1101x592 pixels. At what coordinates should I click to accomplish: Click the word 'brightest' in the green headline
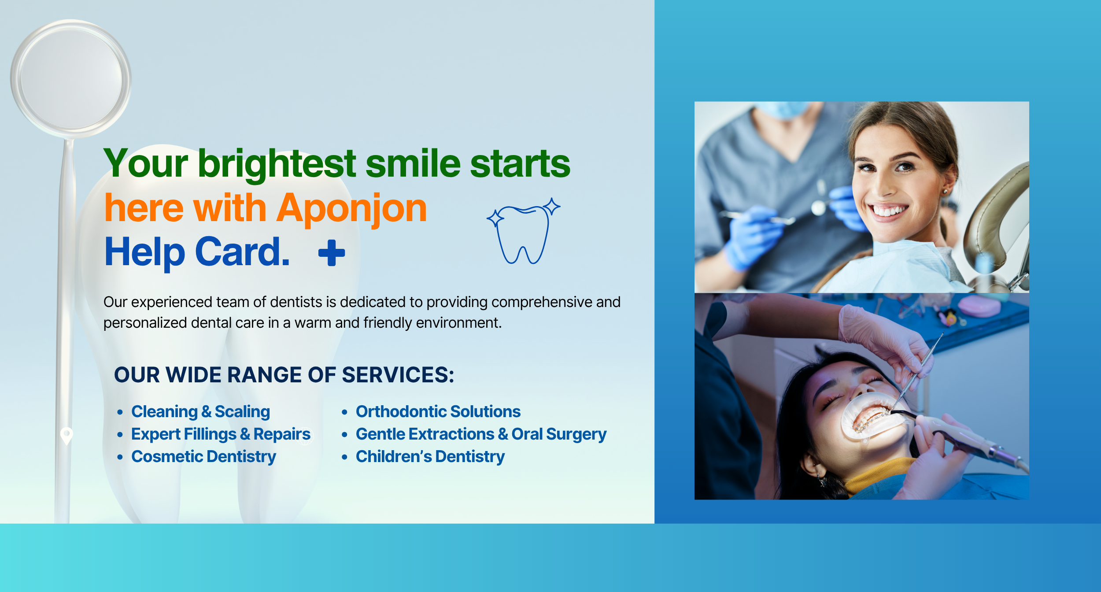(277, 164)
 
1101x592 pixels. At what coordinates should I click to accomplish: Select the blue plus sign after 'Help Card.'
(332, 253)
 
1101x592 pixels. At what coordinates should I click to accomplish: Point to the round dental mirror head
(71, 79)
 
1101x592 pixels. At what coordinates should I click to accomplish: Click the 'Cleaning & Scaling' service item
(200, 411)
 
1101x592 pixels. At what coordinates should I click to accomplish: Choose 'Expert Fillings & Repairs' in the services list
(221, 434)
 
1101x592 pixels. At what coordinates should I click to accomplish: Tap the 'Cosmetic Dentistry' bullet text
(203, 457)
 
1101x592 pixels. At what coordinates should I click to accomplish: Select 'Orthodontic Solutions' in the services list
(438, 411)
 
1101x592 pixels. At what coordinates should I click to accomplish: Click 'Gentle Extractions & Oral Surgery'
(481, 434)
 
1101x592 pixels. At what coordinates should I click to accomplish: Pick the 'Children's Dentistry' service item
(430, 457)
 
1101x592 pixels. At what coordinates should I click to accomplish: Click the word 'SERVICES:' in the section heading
(398, 375)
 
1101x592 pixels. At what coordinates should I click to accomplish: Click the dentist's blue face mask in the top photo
(784, 110)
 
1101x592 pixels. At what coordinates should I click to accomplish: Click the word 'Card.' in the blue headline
(242, 252)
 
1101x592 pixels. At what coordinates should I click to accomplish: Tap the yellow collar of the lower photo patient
(876, 476)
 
